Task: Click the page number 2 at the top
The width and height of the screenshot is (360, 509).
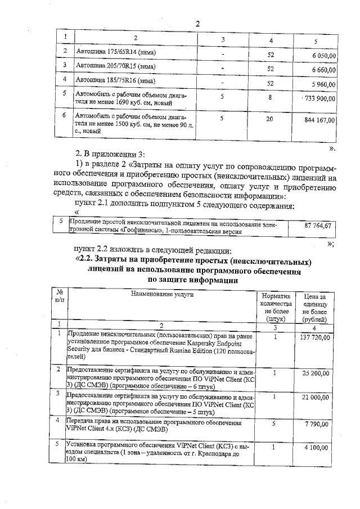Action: pyautogui.click(x=198, y=23)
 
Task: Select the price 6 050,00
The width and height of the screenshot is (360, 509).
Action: pyautogui.click(x=322, y=55)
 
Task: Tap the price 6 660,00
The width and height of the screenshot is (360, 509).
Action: pyautogui.click(x=322, y=70)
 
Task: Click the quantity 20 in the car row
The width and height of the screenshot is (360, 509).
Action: pyautogui.click(x=270, y=119)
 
